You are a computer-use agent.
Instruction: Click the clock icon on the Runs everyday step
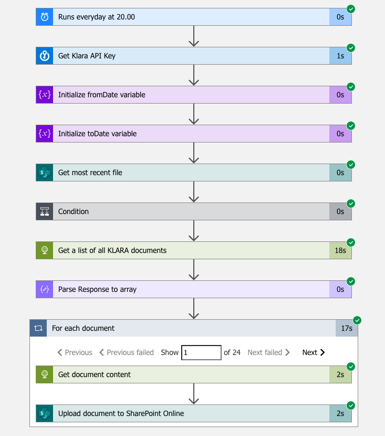pos(45,17)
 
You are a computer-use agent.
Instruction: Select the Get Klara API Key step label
pos(87,56)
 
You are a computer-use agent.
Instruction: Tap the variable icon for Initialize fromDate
pos(45,95)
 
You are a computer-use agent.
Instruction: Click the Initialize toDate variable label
pos(97,134)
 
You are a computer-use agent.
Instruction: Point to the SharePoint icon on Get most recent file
pos(45,173)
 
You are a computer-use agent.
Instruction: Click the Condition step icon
pos(45,211)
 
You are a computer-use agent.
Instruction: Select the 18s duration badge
pos(340,250)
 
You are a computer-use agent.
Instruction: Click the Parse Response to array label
pos(97,289)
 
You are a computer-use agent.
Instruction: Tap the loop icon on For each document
pos(38,328)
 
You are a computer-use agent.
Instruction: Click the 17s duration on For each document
pos(347,328)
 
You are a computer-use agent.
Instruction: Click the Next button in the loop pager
pos(314,352)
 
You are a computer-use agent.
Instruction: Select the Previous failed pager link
pos(127,352)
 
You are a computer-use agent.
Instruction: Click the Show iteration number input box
pos(201,352)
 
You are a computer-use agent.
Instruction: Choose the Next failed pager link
pos(268,352)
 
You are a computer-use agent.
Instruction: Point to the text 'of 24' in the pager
pos(232,352)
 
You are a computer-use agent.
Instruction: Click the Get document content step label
pos(95,374)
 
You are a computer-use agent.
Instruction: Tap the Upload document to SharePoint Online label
pos(121,413)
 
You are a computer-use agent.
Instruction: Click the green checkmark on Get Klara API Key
pos(351,48)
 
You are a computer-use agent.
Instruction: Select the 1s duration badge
pos(340,56)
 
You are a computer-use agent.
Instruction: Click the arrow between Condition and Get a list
pos(194,230)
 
